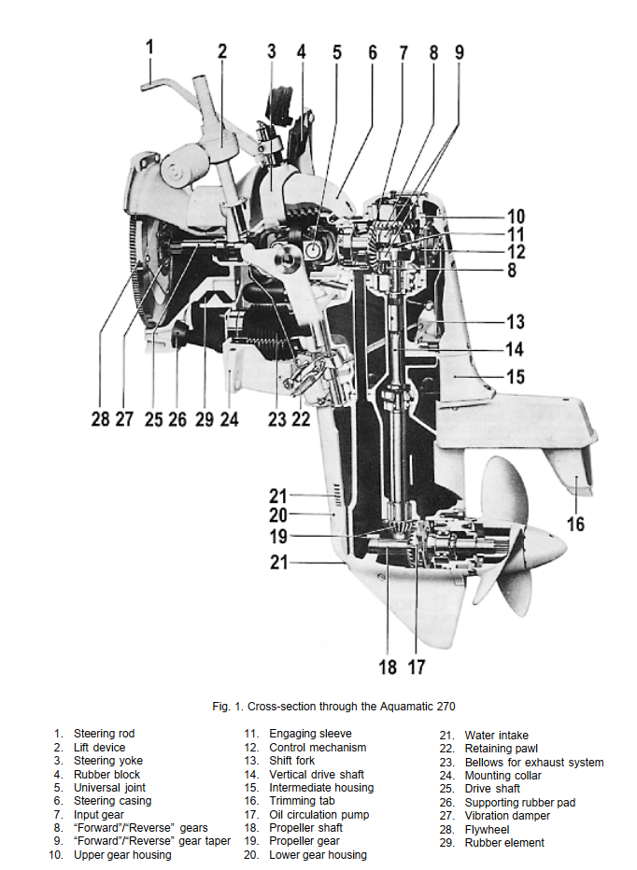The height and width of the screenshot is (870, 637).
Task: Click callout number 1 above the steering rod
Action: click(x=149, y=48)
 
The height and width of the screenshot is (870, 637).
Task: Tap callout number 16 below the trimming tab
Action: click(x=575, y=524)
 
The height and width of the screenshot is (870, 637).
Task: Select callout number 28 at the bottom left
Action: click(x=101, y=418)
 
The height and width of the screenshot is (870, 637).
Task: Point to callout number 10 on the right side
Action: click(x=516, y=217)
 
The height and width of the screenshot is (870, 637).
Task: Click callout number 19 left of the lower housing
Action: click(x=278, y=536)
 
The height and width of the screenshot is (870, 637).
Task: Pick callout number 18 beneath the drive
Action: click(x=388, y=667)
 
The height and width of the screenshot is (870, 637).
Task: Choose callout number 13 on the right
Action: click(x=515, y=321)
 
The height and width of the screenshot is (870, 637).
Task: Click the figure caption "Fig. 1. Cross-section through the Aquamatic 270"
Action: click(x=333, y=707)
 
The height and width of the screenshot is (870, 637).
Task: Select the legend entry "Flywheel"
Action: click(x=487, y=830)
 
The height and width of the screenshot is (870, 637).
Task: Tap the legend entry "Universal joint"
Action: click(x=109, y=787)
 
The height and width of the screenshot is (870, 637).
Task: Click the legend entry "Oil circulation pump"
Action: click(x=318, y=815)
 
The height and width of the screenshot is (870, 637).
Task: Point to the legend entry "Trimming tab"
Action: click(x=302, y=801)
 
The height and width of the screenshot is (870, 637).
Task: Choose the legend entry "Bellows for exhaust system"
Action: click(x=534, y=763)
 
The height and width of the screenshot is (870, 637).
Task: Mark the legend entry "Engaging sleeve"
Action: click(x=310, y=734)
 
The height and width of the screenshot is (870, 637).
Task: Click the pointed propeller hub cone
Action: click(x=547, y=546)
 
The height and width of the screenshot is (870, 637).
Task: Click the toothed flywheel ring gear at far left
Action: click(x=134, y=266)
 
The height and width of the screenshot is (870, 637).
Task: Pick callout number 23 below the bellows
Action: click(x=277, y=418)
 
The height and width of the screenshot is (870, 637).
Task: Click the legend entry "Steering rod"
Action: click(x=104, y=734)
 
